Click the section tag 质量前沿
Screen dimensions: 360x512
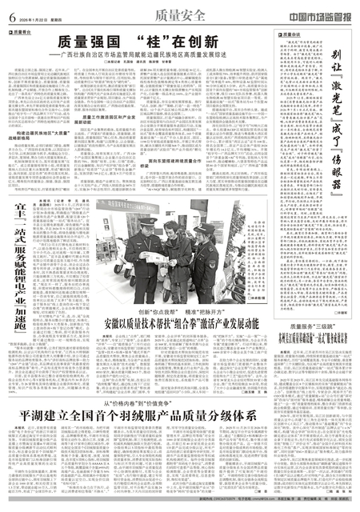(22, 32)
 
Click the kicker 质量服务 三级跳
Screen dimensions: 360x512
(314, 305)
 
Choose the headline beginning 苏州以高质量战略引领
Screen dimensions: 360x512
(314, 317)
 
